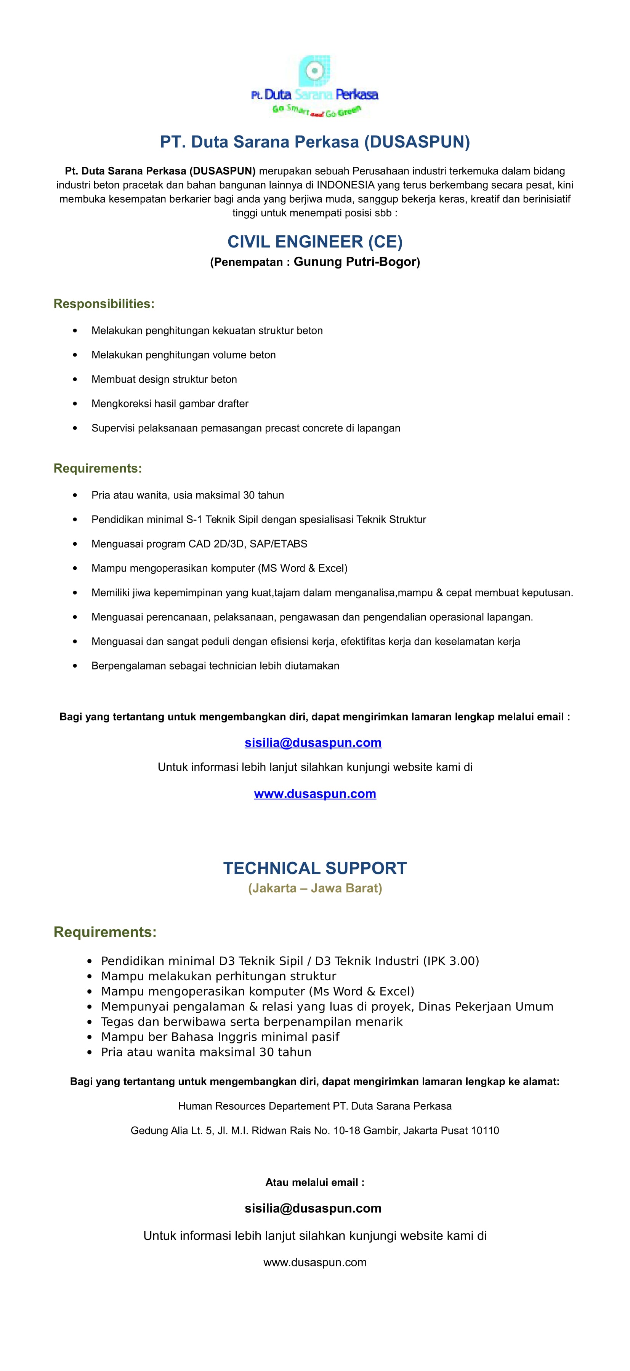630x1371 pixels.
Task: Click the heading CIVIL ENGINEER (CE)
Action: (315, 241)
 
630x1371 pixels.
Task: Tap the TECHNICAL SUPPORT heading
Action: (315, 868)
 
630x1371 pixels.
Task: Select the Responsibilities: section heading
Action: (104, 304)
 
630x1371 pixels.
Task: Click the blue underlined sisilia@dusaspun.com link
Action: (313, 743)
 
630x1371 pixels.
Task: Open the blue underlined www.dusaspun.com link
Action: (315, 794)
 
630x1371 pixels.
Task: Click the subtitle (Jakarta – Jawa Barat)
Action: (315, 888)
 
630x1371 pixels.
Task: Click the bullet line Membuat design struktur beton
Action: (164, 379)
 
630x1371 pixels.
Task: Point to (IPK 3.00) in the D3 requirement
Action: (451, 961)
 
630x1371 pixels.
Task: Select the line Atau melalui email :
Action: (315, 1182)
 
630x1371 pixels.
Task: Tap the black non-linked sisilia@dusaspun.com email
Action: (313, 1208)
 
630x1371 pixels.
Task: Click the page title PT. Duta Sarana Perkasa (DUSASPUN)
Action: (315, 142)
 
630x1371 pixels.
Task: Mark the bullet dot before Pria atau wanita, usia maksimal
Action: (75, 495)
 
